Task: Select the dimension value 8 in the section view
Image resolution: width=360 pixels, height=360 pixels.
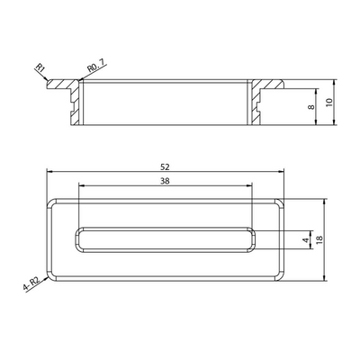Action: (310, 108)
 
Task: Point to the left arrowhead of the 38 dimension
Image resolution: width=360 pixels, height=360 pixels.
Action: (82, 186)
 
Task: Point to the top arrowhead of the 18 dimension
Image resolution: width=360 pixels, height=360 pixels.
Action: (316, 202)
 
